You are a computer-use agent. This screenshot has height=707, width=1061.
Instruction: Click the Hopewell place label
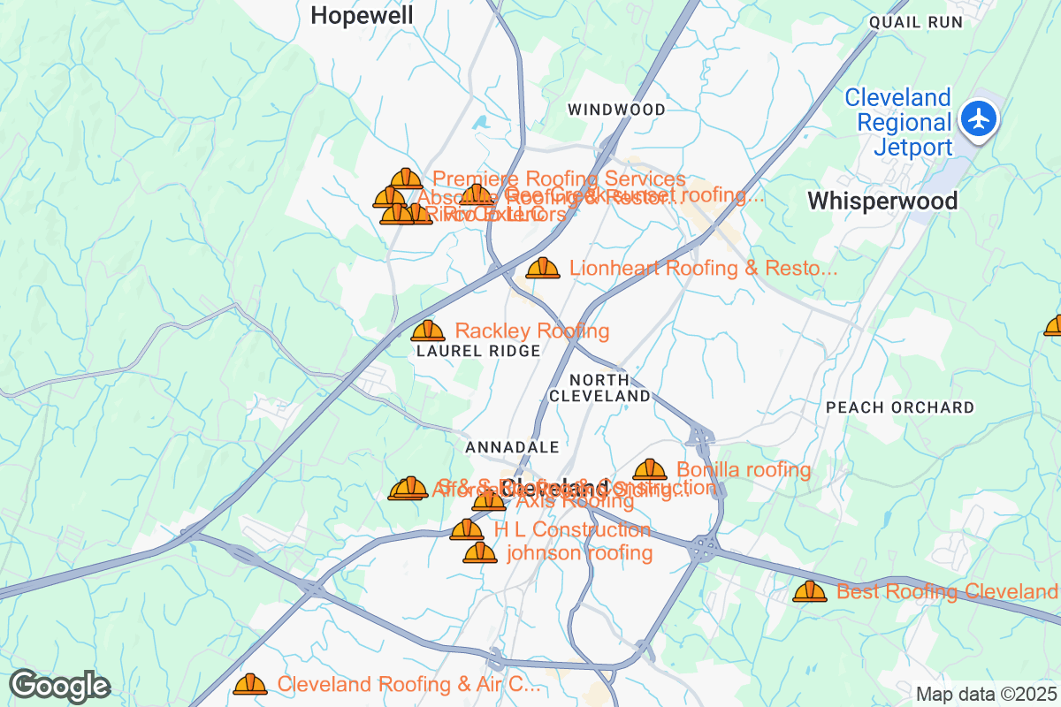(363, 15)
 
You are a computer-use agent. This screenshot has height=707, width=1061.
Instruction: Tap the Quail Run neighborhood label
(915, 22)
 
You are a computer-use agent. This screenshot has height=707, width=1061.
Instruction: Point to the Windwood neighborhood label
(616, 110)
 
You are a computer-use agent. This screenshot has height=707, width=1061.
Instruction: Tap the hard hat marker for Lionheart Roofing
(543, 268)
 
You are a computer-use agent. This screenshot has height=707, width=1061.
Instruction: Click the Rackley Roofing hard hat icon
(428, 331)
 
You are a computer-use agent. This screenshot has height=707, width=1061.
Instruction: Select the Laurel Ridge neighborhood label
(478, 351)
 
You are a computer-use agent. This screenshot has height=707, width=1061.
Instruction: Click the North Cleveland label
(600, 388)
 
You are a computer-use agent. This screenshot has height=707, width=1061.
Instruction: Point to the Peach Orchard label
(900, 407)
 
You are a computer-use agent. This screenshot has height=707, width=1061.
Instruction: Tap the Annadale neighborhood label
(512, 447)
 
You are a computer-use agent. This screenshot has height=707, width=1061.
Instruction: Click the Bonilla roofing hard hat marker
(650, 470)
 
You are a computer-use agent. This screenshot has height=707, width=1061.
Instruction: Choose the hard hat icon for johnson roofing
(480, 553)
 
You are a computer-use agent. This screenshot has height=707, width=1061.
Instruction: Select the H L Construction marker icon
(467, 530)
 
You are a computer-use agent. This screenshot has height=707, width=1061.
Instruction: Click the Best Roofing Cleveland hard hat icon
(809, 591)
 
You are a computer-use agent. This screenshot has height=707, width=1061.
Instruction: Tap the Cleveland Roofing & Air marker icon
(250, 684)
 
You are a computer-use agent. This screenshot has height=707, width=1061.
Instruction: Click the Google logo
(59, 686)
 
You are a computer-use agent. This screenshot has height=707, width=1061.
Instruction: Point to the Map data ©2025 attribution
(986, 694)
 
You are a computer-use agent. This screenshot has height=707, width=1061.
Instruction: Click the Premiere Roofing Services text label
(559, 179)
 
